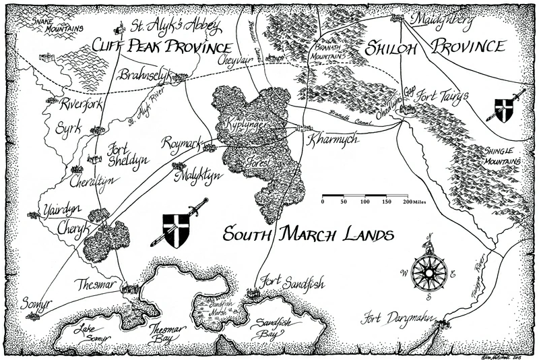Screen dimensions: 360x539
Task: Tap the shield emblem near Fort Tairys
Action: [505, 109]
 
